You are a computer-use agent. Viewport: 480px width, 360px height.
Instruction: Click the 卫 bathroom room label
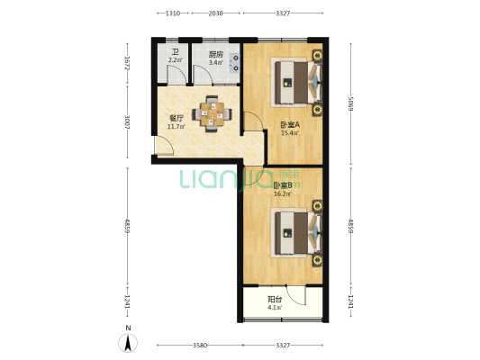(175, 52)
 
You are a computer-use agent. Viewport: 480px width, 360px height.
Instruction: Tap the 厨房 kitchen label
(215, 52)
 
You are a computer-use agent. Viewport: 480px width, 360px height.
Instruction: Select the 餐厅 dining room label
(177, 118)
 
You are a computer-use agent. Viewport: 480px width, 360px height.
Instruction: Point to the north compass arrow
(129, 342)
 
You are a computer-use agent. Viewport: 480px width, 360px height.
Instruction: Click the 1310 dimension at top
(175, 13)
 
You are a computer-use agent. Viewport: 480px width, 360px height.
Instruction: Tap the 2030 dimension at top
(216, 13)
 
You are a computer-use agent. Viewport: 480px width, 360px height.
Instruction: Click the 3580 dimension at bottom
(200, 345)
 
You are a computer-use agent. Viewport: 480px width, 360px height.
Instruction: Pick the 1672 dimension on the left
(128, 63)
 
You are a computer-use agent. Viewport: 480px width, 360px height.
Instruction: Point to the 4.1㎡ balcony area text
(275, 308)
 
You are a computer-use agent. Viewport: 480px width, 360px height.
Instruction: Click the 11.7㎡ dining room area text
(177, 126)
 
